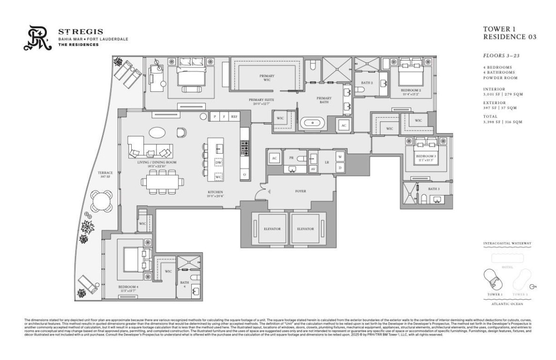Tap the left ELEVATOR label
pyautogui.click(x=272, y=229)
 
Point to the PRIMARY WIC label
pyautogui.click(x=267, y=78)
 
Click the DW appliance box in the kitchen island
pyautogui.click(x=218, y=162)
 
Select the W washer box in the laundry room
pyautogui.click(x=340, y=156)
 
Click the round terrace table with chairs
pyautogui.click(x=102, y=201)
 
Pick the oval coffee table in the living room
pyautogui.click(x=158, y=133)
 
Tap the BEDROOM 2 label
pyautogui.click(x=411, y=90)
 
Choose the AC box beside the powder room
pyautogui.click(x=274, y=158)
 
